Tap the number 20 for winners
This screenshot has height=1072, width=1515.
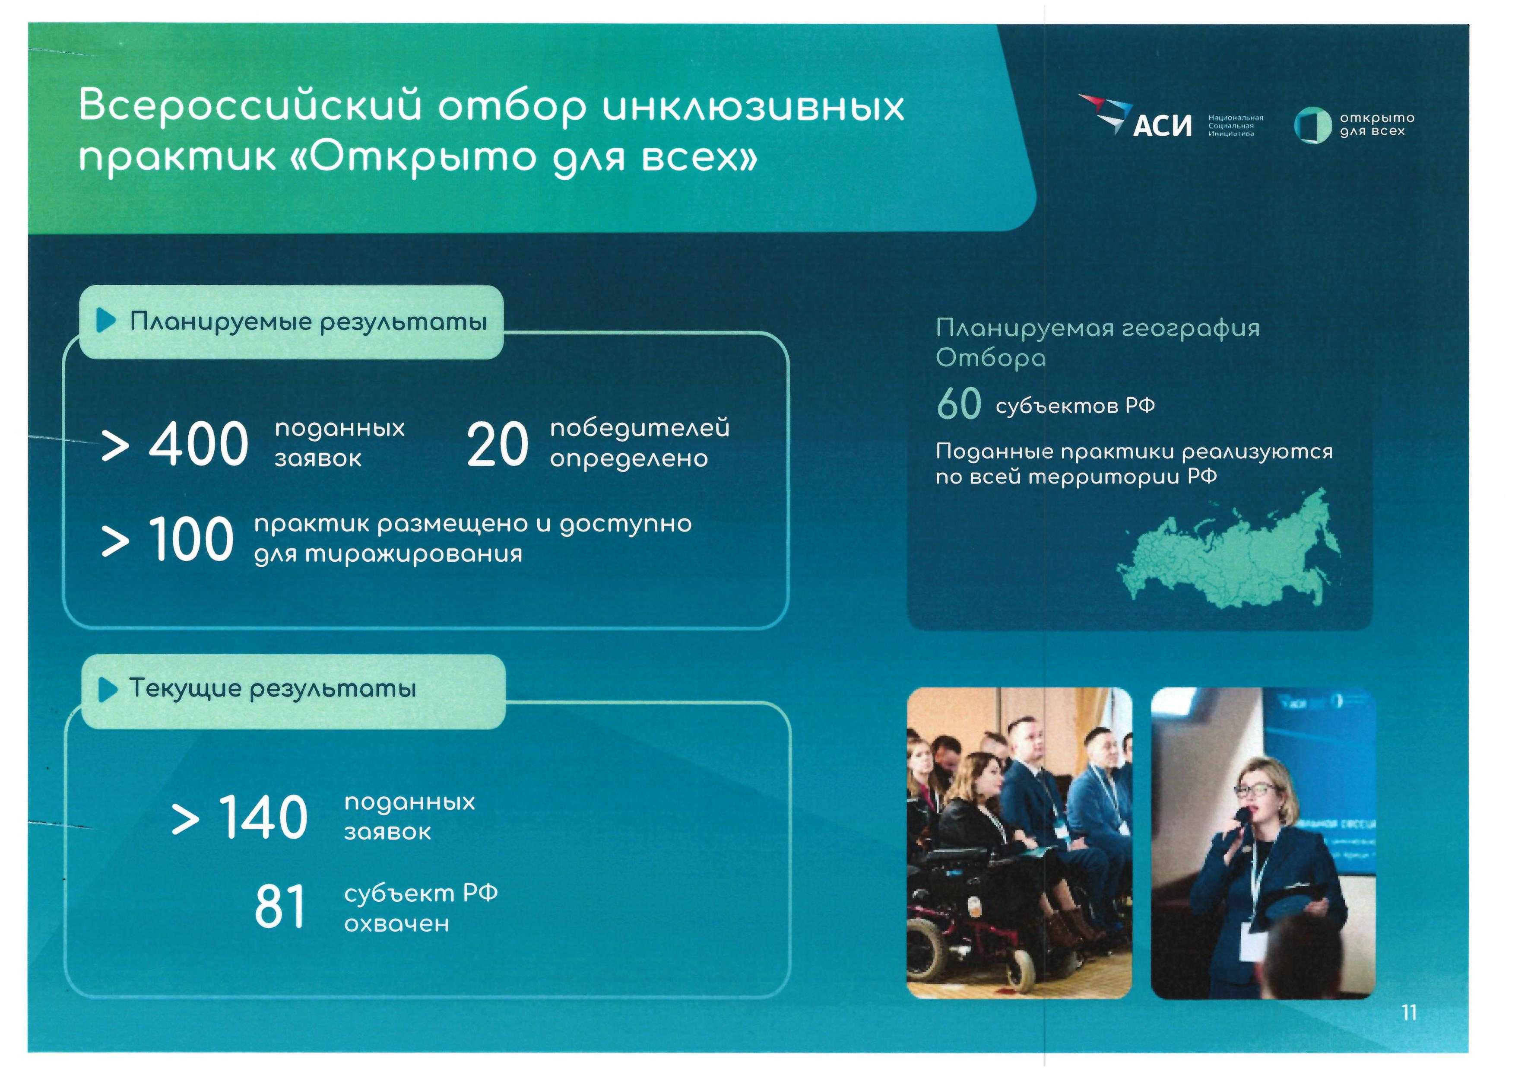pos(498,445)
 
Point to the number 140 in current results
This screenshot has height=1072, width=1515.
pos(263,817)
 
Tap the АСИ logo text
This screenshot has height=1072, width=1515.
pos(1162,125)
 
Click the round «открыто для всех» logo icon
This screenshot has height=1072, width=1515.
pos(1312,125)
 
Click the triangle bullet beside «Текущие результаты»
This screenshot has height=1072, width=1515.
pos(108,690)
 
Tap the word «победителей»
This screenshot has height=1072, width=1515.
pos(640,428)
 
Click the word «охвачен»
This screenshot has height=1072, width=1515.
pos(396,923)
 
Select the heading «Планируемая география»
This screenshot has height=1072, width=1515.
pos(1098,328)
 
